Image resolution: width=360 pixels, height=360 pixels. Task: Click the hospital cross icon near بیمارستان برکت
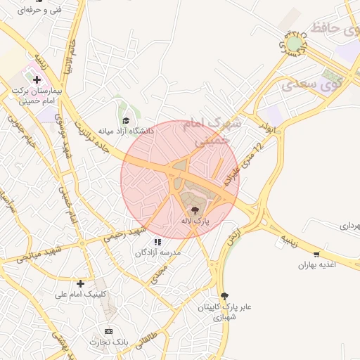point(37,80)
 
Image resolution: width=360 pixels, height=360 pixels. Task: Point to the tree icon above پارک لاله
point(195,210)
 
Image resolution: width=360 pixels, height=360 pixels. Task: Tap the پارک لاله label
point(195,221)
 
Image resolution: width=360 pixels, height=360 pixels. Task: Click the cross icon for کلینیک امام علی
point(80,283)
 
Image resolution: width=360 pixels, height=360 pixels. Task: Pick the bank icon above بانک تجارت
point(108,330)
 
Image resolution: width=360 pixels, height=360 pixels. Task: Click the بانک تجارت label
point(108,342)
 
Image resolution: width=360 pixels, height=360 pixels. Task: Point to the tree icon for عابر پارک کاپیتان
point(224,296)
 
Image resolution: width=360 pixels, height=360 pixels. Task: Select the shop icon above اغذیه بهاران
point(317,254)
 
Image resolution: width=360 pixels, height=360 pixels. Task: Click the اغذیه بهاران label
point(317,265)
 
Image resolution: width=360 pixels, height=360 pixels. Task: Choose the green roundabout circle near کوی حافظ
point(294,44)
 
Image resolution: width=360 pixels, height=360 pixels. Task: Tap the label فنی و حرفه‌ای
point(40,10)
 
